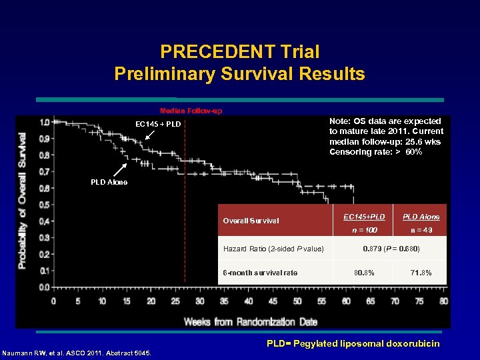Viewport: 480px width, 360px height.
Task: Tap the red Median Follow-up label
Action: (191, 111)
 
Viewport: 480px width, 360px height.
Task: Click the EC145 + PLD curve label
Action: (158, 124)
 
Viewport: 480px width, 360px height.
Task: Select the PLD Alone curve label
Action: (109, 182)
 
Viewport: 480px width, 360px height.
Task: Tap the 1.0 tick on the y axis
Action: (44, 122)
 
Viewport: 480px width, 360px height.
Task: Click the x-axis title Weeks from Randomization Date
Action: (250, 322)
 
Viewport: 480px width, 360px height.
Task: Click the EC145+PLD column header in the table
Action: (363, 217)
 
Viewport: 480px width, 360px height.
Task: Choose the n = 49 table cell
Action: (421, 230)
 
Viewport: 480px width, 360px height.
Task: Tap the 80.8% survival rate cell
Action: (363, 273)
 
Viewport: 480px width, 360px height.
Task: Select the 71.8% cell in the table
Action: (421, 273)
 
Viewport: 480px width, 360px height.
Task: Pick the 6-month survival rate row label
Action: (260, 273)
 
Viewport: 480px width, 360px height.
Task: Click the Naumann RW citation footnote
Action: (77, 353)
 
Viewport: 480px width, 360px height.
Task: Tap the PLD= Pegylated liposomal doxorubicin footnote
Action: (353, 344)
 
